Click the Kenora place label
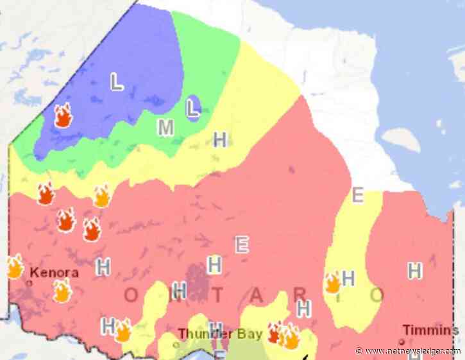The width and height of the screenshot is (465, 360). [x=55, y=272]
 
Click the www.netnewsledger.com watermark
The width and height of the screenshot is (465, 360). [x=408, y=351]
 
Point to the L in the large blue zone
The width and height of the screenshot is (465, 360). [x=117, y=82]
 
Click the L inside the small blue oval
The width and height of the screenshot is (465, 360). [x=192, y=108]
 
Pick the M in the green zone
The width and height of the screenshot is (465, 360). [x=166, y=128]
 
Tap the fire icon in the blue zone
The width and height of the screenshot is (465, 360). [x=63, y=116]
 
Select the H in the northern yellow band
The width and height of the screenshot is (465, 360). [x=220, y=139]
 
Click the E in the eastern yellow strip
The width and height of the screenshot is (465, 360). [x=358, y=194]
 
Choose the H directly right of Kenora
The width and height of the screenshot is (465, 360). [x=103, y=266]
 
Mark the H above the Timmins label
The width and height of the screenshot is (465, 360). [x=415, y=271]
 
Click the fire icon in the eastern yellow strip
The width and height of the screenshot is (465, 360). [x=332, y=282]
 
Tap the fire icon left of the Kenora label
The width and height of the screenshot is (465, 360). [x=14, y=266]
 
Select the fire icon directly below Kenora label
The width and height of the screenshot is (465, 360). [x=62, y=291]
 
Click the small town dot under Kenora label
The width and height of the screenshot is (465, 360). [x=30, y=282]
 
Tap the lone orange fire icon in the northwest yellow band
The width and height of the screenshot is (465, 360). [x=101, y=196]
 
